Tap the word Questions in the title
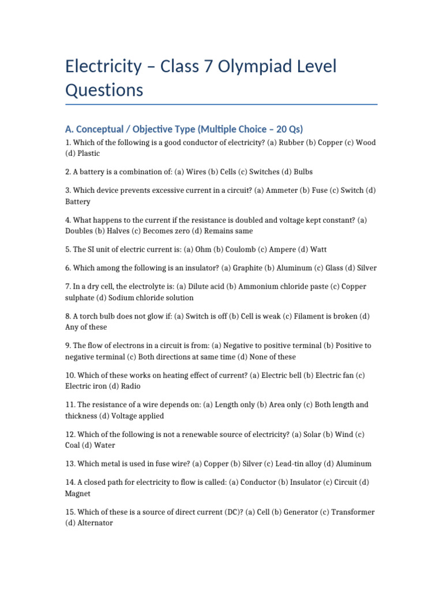[x=104, y=90]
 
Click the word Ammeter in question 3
[x=281, y=190]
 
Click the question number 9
[x=68, y=346]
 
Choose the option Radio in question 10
[x=130, y=386]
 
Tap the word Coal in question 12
[x=73, y=445]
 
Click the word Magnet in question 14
[x=78, y=493]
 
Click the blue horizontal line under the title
[x=221, y=104]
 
